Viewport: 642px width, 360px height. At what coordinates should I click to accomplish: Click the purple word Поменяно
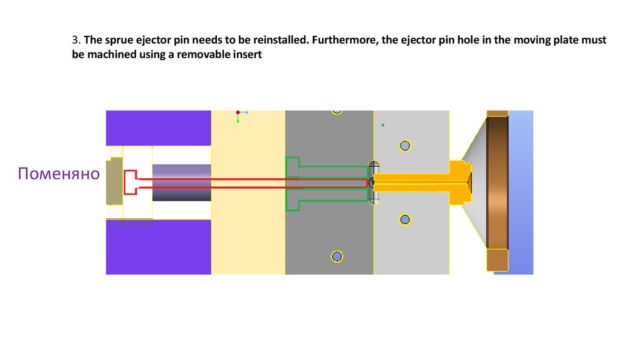click(58, 174)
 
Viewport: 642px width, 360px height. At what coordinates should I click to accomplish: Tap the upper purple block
click(158, 128)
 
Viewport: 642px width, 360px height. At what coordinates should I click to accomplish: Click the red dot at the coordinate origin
click(238, 112)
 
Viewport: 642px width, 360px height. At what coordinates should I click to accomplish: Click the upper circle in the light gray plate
click(405, 146)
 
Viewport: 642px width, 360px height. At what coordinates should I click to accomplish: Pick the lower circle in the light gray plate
click(405, 220)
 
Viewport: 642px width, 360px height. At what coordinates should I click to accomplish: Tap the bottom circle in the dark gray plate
click(337, 257)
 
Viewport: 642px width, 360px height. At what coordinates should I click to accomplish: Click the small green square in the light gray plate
click(383, 125)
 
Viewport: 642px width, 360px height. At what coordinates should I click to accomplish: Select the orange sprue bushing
click(420, 182)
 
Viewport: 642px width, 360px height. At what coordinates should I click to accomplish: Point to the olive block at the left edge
click(114, 181)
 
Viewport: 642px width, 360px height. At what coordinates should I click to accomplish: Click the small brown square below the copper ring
click(497, 260)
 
